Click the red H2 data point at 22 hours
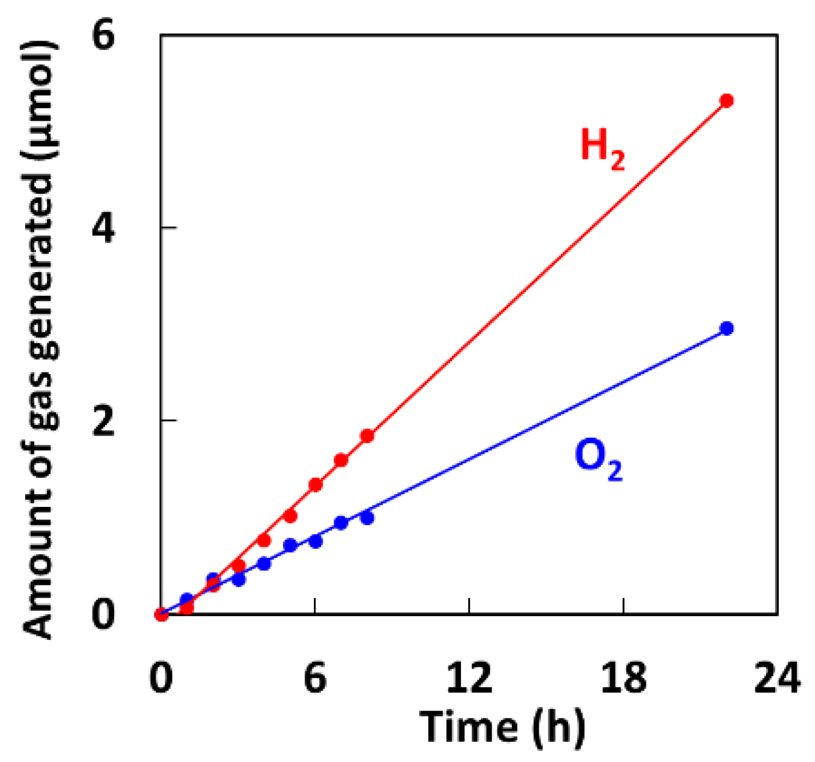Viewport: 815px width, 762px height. point(726,101)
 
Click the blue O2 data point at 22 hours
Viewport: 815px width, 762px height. point(726,329)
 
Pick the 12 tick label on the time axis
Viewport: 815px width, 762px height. point(469,678)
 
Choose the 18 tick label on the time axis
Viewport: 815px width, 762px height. point(623,678)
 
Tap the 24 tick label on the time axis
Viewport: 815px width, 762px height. point(777,678)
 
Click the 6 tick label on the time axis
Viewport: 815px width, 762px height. point(315,678)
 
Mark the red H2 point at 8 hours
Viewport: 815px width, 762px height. point(367,436)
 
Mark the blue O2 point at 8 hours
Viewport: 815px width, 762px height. point(367,518)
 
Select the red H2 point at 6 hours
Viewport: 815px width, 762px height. point(315,485)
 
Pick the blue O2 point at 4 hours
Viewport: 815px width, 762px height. point(264,564)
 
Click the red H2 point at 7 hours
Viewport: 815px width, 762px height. point(341,460)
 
